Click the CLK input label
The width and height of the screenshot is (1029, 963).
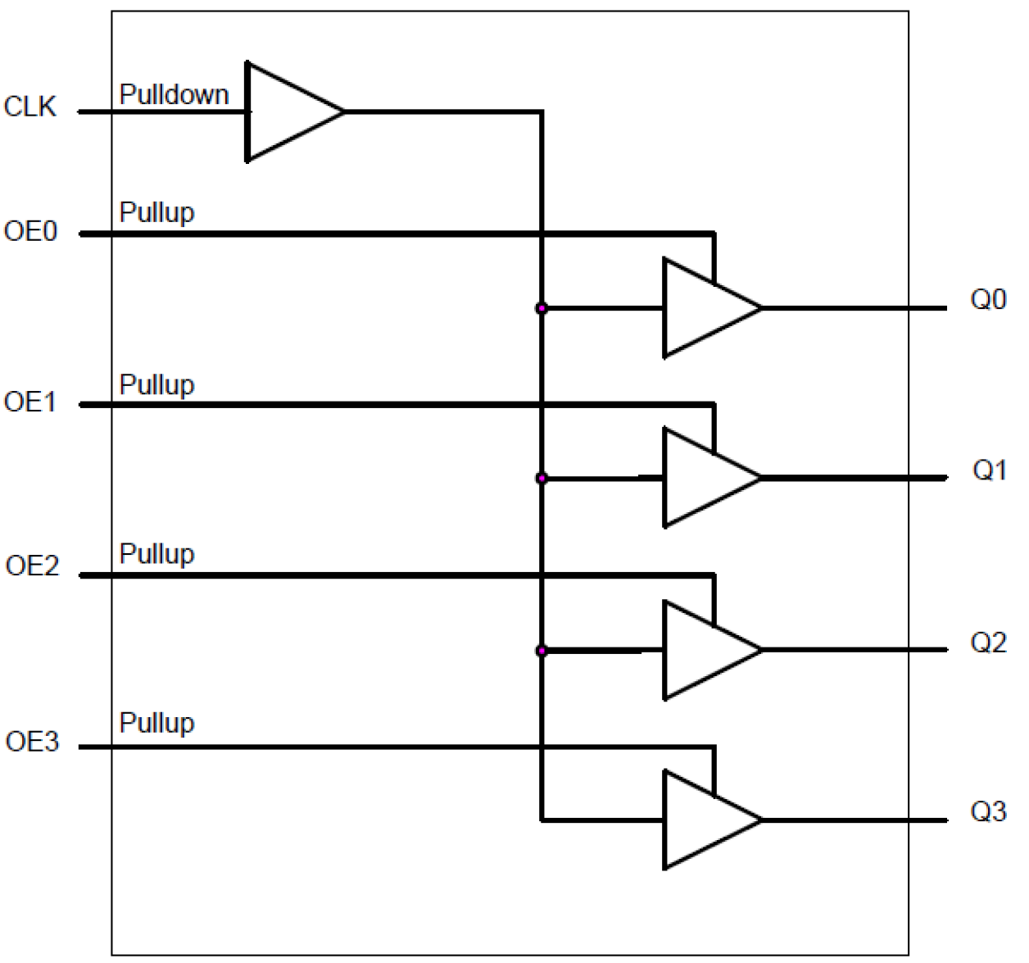(x=30, y=107)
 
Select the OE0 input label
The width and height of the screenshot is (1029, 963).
(x=31, y=232)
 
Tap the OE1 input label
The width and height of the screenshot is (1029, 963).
(x=31, y=402)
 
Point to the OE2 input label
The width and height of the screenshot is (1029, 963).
(x=33, y=566)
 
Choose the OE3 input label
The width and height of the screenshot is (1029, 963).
(x=33, y=742)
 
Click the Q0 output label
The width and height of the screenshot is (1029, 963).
(x=988, y=300)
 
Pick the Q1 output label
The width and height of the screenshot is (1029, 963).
(x=990, y=470)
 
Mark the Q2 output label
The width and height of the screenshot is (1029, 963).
(x=988, y=643)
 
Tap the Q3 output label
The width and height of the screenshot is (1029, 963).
(x=988, y=811)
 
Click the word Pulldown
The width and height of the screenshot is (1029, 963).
(x=174, y=95)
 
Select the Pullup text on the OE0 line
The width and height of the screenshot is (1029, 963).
(x=156, y=213)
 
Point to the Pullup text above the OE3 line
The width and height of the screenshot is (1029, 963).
(x=156, y=724)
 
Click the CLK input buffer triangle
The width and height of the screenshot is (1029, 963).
(x=287, y=111)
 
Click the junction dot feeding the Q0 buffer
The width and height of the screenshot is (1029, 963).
(x=542, y=309)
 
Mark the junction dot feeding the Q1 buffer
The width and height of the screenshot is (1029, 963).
(x=542, y=478)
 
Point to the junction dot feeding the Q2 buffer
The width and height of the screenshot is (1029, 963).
(x=542, y=651)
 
